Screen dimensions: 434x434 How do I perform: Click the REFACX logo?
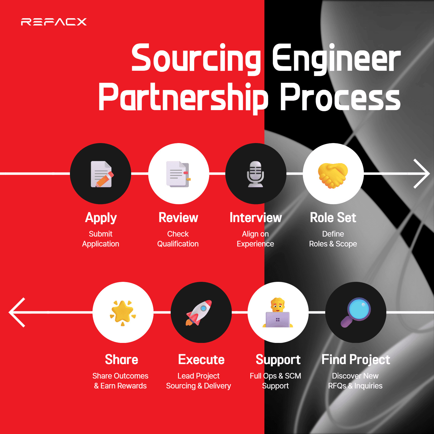coord(54,22)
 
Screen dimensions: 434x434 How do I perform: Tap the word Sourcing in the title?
coord(196,58)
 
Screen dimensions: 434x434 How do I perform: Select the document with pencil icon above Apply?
coord(101,174)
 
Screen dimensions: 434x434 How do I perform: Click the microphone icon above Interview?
coord(255,174)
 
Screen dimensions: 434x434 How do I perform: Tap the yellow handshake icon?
coord(333,175)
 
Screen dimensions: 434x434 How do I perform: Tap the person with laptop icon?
coord(278,313)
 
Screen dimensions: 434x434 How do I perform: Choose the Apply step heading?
coord(101,218)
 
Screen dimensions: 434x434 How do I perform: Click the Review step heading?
coord(178,218)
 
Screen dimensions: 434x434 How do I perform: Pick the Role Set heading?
coord(333,218)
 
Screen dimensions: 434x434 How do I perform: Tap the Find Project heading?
coord(356,360)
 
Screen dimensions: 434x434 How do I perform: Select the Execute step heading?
coord(201,360)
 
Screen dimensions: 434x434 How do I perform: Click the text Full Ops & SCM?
coord(275,376)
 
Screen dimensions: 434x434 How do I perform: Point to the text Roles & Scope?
coord(333,244)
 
